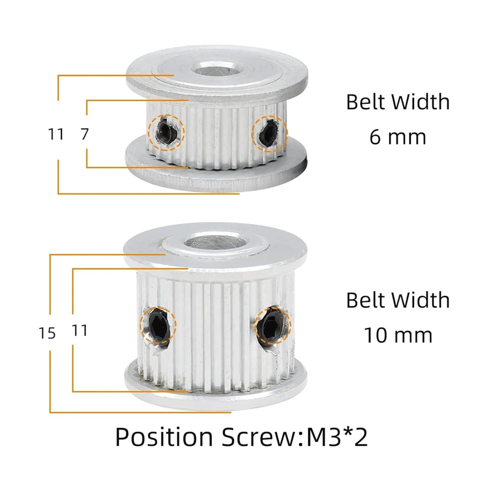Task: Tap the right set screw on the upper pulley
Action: click(269, 133)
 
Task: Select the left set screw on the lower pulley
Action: click(158, 325)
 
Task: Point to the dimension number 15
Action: click(47, 333)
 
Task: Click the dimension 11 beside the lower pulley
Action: click(79, 330)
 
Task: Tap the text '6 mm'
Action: click(398, 137)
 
